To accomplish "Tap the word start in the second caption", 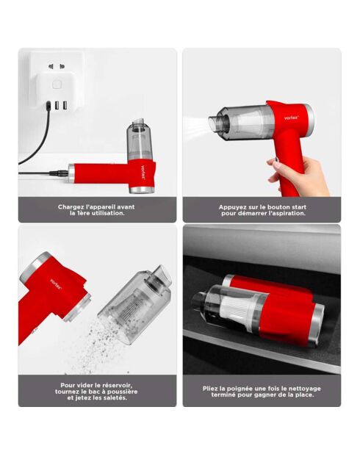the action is click(298, 207).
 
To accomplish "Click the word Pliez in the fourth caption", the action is click(211, 389).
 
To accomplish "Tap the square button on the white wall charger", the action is click(57, 84).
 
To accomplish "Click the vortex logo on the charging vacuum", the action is click(143, 173).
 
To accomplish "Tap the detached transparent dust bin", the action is click(135, 304).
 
